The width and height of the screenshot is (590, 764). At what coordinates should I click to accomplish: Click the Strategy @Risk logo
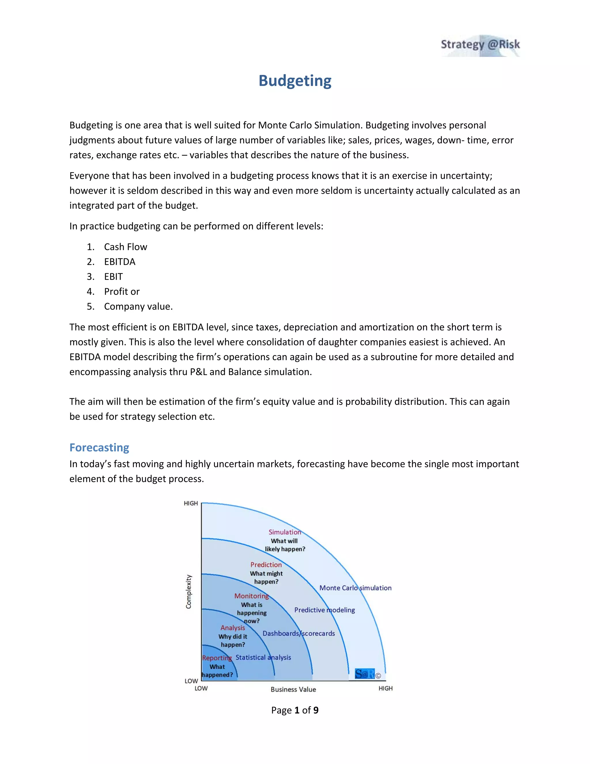click(480, 45)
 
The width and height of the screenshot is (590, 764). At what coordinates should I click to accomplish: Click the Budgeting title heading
click(295, 81)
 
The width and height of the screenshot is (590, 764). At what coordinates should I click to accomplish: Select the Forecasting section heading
click(99, 447)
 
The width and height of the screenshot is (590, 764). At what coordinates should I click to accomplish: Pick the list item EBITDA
click(120, 262)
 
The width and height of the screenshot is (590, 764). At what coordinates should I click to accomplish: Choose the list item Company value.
click(138, 306)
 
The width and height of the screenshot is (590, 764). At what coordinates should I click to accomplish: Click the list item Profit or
click(122, 291)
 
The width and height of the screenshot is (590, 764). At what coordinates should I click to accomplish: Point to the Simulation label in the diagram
click(285, 532)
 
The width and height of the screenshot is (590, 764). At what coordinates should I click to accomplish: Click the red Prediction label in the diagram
click(266, 564)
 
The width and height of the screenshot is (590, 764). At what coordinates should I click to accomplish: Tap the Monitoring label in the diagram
click(251, 596)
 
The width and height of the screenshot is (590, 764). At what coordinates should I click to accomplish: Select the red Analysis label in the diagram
click(232, 628)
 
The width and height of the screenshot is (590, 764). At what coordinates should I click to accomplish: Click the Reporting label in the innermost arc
click(217, 658)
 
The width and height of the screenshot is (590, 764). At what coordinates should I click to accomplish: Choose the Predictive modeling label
click(324, 610)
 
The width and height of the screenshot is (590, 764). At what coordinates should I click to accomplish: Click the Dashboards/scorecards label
click(298, 633)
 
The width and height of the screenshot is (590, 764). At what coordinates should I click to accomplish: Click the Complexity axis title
click(189, 592)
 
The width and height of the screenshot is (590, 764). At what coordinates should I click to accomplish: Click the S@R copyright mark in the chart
click(367, 674)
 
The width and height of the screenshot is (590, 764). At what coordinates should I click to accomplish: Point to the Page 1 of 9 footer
click(295, 710)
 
